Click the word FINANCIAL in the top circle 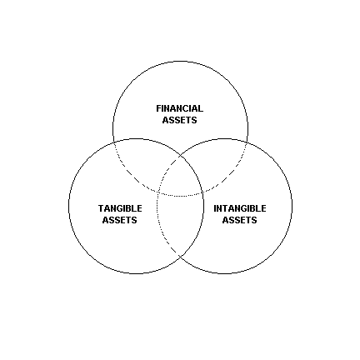(179, 108)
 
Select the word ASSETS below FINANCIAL (179, 120)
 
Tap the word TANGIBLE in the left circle (120, 208)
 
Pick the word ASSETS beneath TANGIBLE (119, 220)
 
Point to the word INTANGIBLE (239, 208)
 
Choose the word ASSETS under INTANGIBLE (239, 220)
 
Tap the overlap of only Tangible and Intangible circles (180, 222)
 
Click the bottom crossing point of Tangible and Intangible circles (180, 256)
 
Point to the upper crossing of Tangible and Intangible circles (180, 157)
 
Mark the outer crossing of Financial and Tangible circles (114, 142)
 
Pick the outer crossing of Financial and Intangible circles (247, 142)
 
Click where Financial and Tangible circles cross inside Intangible (202, 192)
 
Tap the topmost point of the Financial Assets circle (180, 61)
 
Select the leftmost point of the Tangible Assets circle (69, 206)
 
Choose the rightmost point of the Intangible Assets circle (292, 206)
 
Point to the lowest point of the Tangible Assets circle (136, 273)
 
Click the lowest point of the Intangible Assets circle (224, 273)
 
